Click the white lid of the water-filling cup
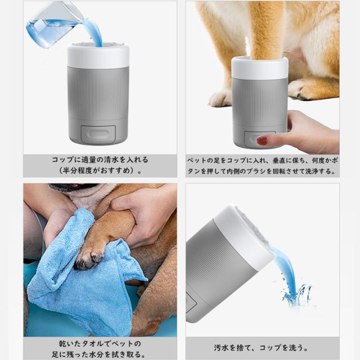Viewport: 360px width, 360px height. pos(98,56)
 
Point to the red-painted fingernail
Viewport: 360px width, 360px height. pos(262,140)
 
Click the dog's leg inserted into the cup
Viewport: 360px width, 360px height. pos(265,30)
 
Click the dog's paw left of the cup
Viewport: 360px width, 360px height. pos(220,98)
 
